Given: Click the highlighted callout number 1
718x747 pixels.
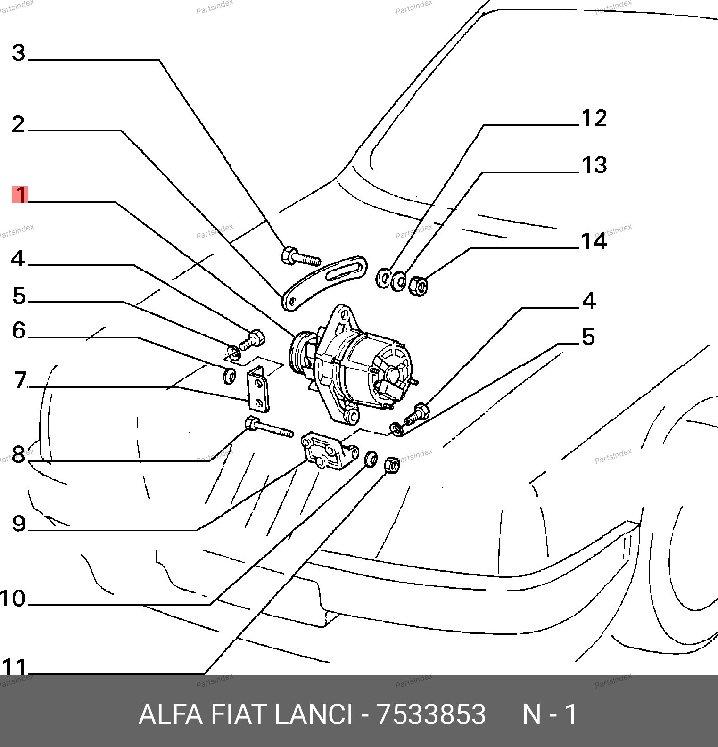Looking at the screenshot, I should [20, 194].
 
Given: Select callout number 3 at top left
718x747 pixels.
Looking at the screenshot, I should [18, 53].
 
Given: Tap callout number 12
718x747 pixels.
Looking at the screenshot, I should [594, 118].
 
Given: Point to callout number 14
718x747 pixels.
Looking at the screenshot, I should [594, 241].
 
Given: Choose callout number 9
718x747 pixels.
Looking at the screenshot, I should [19, 524].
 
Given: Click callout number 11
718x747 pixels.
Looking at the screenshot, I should [14, 667].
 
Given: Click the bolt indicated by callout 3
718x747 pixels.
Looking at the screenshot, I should [300, 257].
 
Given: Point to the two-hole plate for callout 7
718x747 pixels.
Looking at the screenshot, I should [258, 389].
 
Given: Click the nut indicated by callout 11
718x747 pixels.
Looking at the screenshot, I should [392, 465].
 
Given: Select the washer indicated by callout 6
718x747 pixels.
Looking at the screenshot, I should [229, 376].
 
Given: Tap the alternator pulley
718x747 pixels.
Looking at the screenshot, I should [298, 353].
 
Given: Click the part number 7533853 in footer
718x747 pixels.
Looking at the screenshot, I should [431, 714].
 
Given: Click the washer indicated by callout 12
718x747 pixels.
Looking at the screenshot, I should [384, 278].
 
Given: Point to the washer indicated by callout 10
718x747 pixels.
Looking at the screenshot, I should [371, 458].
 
